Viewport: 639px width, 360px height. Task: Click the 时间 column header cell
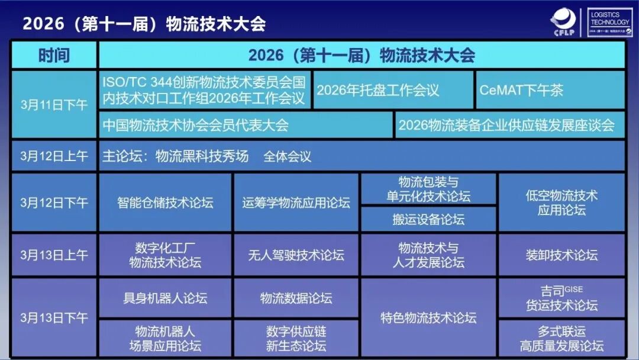point(54,55)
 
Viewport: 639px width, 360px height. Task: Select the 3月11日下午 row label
point(54,105)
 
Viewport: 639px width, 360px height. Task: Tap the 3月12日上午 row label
point(54,156)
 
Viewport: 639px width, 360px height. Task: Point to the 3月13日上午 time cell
point(54,255)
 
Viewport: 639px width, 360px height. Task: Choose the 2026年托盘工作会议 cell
point(393,91)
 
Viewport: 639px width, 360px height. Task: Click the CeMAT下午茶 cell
point(550,91)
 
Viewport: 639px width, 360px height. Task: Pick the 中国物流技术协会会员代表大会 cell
point(246,125)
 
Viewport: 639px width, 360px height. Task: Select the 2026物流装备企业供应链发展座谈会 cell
point(510,125)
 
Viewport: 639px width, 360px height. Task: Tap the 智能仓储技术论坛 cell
point(165,202)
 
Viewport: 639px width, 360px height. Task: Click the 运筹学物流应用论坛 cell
point(296,202)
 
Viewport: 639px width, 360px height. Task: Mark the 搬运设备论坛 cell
point(428,220)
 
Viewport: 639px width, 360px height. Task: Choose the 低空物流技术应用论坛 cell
point(561,202)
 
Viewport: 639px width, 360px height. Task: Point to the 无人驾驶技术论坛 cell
point(296,255)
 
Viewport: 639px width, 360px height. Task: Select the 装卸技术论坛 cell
point(561,255)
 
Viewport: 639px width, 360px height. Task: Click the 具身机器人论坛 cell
point(165,298)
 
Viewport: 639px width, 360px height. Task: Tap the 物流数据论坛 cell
point(296,298)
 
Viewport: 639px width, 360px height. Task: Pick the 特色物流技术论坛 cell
point(428,318)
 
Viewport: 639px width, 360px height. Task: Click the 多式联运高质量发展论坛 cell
point(561,338)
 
